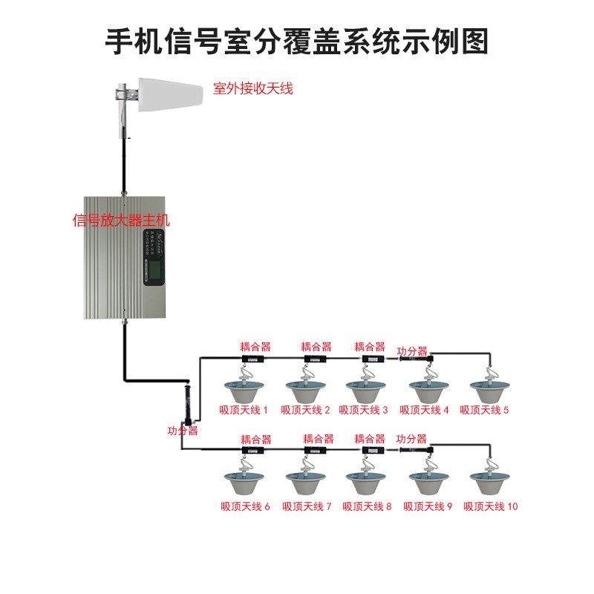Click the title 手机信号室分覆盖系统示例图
tap(297, 42)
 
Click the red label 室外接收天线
tap(253, 89)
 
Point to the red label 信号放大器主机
tap(121, 221)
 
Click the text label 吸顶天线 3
tap(364, 410)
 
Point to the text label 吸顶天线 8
tap(367, 506)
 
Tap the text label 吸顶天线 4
tap(425, 410)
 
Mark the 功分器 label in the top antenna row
tap(412, 350)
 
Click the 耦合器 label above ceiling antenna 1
tap(255, 346)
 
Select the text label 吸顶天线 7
tap(306, 506)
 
